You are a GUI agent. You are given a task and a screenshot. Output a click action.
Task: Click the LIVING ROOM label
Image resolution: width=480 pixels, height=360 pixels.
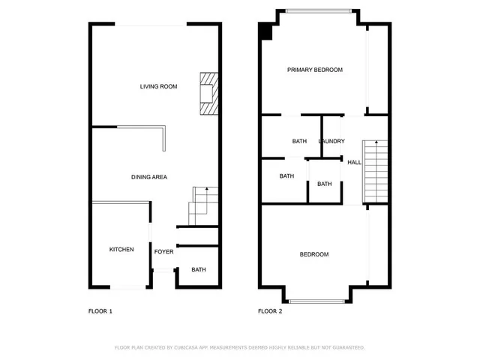point(158,86)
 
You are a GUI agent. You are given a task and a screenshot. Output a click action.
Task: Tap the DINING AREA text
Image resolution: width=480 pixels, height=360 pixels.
point(148,177)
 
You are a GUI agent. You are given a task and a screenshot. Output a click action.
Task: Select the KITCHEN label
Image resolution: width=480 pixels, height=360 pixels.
point(121,249)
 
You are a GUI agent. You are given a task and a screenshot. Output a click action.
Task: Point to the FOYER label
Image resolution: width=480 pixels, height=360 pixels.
point(163,251)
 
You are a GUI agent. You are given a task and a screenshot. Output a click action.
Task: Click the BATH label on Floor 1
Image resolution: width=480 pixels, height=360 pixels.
point(198,270)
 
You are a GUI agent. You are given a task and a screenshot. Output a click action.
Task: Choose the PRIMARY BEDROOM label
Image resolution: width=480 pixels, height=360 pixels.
point(315,70)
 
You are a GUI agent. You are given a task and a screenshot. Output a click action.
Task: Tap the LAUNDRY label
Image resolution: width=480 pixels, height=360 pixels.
point(331,141)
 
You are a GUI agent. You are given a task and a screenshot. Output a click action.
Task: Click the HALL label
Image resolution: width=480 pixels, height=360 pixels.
point(354,162)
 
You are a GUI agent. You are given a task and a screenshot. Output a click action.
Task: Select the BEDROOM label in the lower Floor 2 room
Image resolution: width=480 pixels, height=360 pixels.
point(314,254)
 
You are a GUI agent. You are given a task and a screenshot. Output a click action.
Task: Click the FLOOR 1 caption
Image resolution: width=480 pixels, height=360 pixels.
point(100,310)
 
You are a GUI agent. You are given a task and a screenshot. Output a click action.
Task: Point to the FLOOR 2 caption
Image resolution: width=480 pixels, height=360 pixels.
point(270,310)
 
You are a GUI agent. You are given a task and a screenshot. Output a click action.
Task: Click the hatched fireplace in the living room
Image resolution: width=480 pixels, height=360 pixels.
point(208,94)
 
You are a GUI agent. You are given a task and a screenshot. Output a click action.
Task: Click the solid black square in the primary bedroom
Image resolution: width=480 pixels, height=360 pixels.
point(265,31)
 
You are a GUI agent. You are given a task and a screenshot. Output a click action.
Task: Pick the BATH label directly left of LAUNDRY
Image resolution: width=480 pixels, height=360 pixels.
point(299,141)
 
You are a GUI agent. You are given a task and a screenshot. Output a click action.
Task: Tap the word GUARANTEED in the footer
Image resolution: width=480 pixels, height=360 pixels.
point(346,348)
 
